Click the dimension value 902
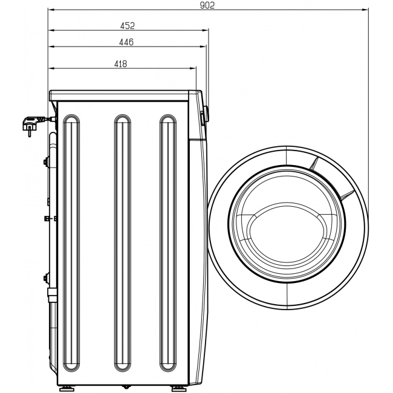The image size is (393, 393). (207, 5)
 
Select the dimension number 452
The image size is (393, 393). (128, 26)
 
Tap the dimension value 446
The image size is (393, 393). (126, 42)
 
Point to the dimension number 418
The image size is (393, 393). (120, 64)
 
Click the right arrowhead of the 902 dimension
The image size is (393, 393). (365, 10)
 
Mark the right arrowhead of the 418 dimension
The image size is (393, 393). (193, 68)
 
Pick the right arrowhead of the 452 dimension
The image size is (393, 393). (206, 30)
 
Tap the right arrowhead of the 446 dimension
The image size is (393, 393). (203, 47)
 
